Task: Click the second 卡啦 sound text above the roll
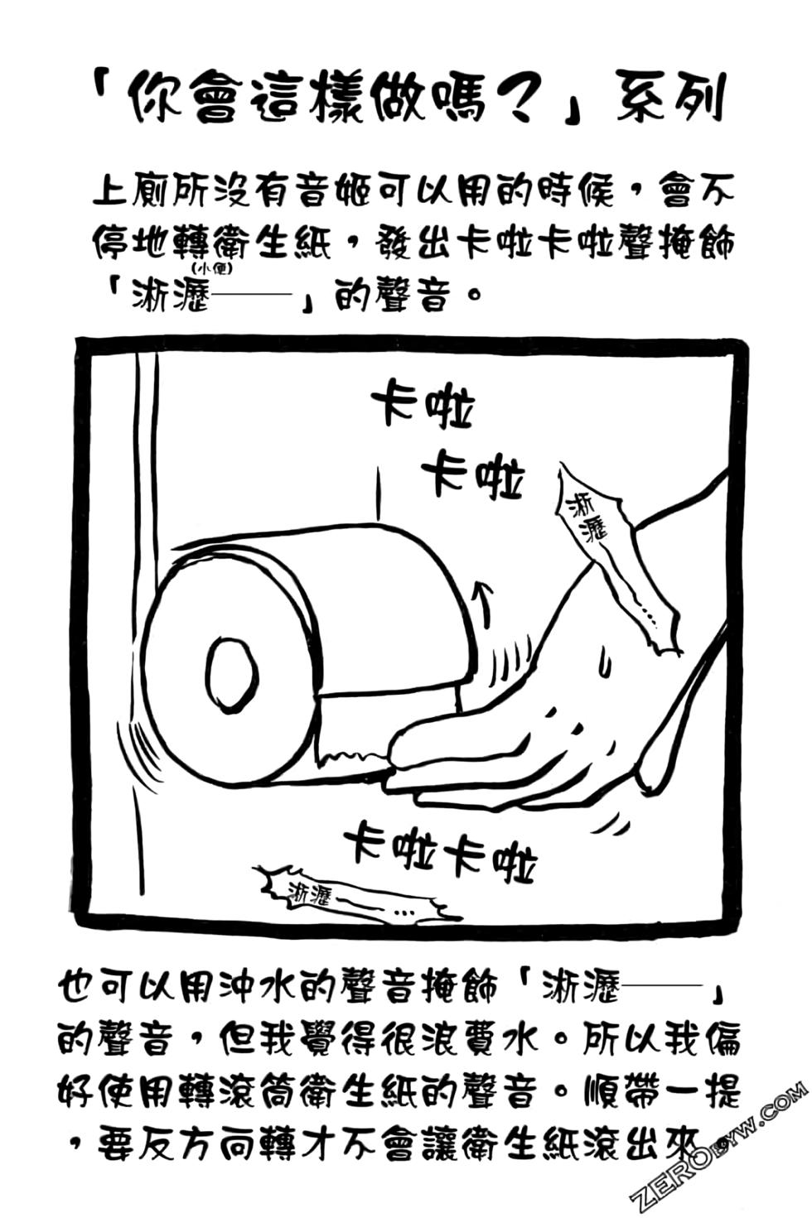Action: point(473,474)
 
